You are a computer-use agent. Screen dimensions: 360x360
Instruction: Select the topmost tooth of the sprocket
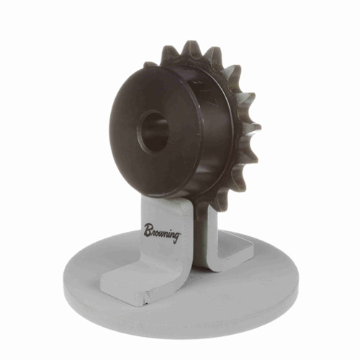(193, 48)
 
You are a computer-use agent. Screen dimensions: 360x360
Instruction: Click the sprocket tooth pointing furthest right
(253, 128)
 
